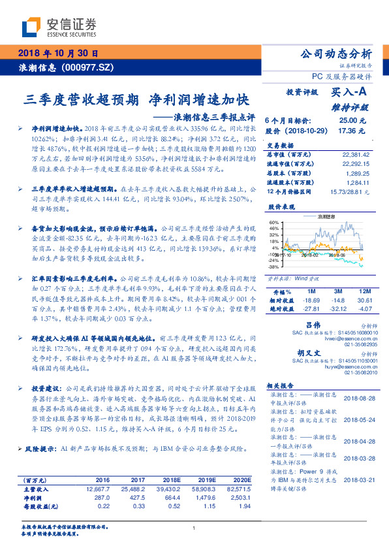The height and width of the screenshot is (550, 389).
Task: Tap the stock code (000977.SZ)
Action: pos(89,67)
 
